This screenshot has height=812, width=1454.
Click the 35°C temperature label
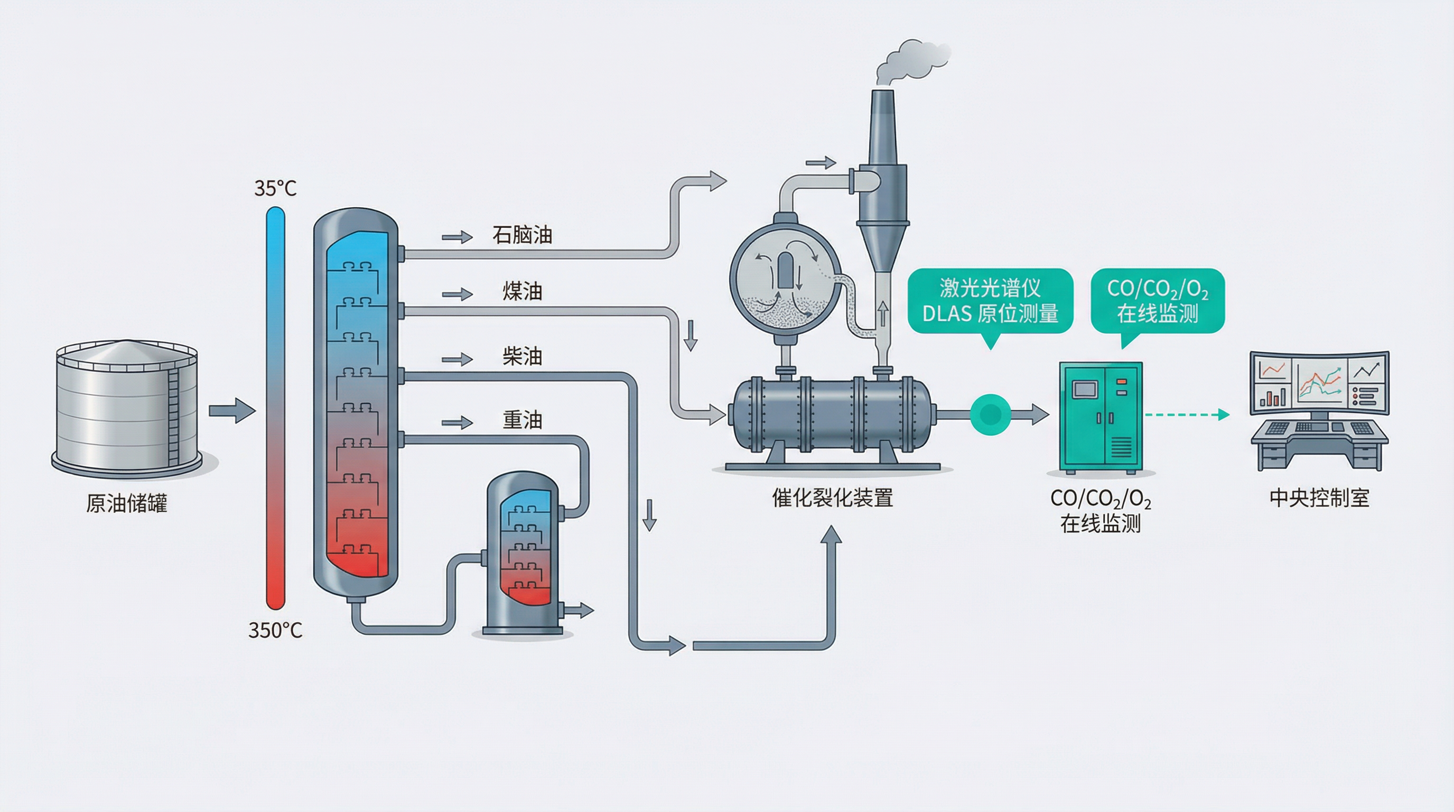pos(275,188)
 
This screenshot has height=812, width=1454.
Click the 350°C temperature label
pos(275,630)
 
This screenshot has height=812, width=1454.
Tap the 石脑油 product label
pos(522,235)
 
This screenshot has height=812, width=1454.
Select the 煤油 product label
pos(522,291)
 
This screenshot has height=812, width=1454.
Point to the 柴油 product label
pos(522,356)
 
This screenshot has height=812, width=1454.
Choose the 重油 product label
pos(522,420)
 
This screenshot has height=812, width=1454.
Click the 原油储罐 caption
pos(126,503)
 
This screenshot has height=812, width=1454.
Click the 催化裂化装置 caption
pos(833,498)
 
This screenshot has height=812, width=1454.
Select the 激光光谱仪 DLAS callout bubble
pos(990,301)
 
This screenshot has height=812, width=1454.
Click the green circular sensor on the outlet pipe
pos(990,415)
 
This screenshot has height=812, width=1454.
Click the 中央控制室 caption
pos(1320,498)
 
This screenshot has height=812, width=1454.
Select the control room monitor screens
pos(1320,382)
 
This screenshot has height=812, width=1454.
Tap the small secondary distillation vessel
pos(524,553)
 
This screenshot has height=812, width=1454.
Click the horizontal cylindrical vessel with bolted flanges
pos(832,415)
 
